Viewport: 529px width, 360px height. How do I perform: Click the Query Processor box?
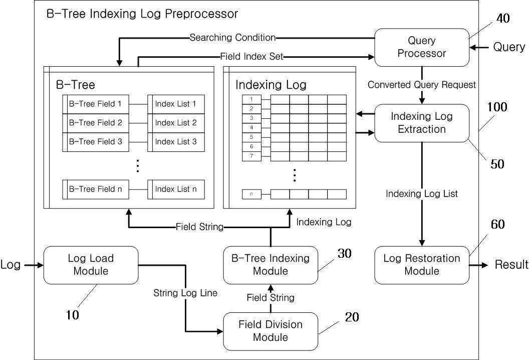[x=422, y=47]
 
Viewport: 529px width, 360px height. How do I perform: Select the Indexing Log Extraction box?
[x=422, y=123]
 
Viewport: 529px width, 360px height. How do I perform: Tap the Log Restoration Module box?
[x=422, y=265]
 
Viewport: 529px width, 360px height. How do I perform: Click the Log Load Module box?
[x=91, y=265]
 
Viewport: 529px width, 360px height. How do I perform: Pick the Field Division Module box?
[x=271, y=331]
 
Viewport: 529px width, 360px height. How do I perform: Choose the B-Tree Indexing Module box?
[x=271, y=265]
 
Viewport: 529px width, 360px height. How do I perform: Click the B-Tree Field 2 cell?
[x=96, y=123]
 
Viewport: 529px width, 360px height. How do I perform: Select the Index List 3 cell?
[x=176, y=142]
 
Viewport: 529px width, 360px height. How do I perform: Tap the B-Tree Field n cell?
[x=96, y=190]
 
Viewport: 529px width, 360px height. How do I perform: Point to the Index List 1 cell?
[x=176, y=104]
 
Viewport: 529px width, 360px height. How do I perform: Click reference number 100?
[x=497, y=107]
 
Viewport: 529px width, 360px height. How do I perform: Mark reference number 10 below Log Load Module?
[x=72, y=315]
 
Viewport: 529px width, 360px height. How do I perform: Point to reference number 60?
[x=497, y=225]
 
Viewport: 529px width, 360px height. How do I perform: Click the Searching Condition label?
[x=232, y=38]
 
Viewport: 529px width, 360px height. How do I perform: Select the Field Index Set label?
[x=251, y=56]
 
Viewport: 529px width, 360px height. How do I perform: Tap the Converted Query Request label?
[x=422, y=85]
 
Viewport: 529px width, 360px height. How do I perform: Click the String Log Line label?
[x=185, y=293]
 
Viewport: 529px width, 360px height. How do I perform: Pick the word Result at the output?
[x=511, y=264]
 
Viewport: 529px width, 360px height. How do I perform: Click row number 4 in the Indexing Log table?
[x=251, y=128]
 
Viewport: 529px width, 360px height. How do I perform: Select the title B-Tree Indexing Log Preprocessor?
[x=142, y=14]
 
